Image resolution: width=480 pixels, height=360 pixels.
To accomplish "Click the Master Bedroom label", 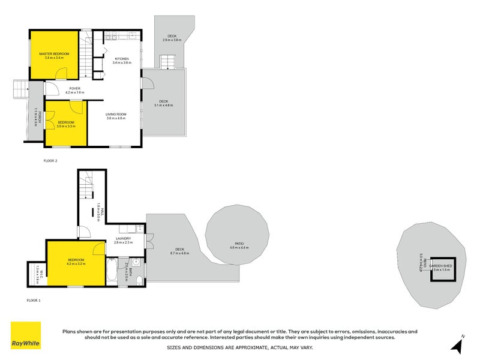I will (55, 54).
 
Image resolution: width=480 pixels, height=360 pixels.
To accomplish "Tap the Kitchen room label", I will (122, 59).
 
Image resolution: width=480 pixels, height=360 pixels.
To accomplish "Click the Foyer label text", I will (74, 88).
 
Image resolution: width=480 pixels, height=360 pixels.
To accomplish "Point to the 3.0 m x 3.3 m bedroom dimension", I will (66, 127).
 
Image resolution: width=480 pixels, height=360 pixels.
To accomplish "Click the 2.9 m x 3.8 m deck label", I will (172, 40).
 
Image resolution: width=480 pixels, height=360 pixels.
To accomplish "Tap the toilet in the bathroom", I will (139, 280).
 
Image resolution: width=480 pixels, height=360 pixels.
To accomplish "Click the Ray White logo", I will (26, 335).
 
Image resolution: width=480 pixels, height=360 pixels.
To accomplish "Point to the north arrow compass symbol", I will (457, 345).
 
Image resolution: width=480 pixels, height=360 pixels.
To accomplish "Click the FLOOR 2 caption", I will (50, 161).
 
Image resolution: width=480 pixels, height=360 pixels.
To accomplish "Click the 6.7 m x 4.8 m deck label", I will (180, 251).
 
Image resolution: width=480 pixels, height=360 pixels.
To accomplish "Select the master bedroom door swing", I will (61, 73).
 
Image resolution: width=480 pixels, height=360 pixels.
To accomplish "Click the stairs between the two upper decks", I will (166, 61).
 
